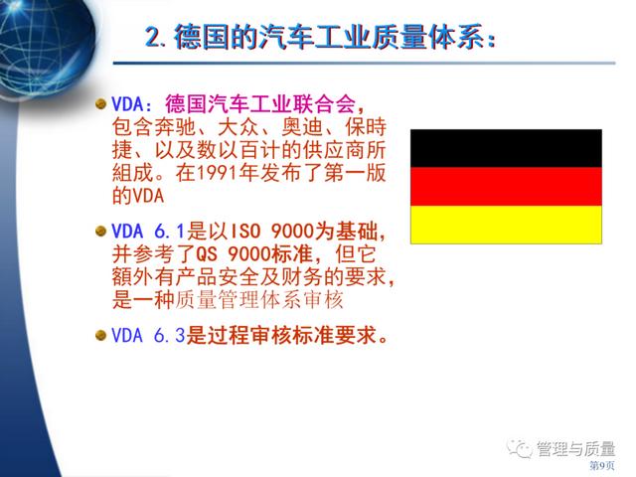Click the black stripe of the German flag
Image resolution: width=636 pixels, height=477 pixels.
click(506, 148)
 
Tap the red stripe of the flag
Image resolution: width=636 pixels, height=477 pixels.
click(506, 187)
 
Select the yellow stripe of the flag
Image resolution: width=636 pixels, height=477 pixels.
click(506, 225)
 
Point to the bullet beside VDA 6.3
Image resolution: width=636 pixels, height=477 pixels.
click(100, 336)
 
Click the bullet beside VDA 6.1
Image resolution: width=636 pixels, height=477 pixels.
click(100, 232)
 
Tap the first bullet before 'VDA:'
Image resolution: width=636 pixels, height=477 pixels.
click(100, 103)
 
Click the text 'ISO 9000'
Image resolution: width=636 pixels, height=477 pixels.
click(272, 232)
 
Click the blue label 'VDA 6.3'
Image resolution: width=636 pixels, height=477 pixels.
click(148, 336)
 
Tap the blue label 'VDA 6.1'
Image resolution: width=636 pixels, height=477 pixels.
click(148, 232)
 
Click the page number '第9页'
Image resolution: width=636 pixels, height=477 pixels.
click(602, 466)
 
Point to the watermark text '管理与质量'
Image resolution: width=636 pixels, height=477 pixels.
click(576, 448)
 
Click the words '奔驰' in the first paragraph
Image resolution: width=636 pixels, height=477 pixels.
click(175, 127)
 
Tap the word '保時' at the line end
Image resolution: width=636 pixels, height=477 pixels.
click(366, 127)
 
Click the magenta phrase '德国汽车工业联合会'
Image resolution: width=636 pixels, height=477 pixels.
click(260, 104)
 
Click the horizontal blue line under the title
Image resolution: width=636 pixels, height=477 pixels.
click(365, 64)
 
